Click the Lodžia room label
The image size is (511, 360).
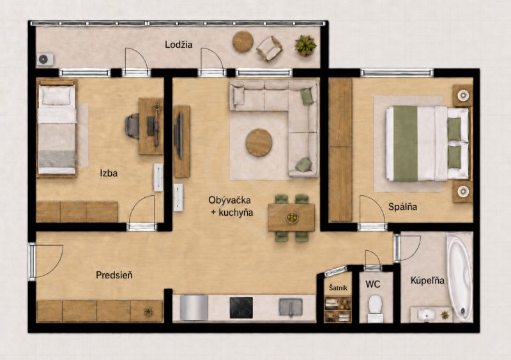(x=178, y=44)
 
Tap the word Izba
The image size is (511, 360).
(x=109, y=173)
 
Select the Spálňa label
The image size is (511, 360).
(x=402, y=207)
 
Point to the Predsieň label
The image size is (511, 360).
(x=114, y=275)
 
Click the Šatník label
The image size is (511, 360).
(x=338, y=288)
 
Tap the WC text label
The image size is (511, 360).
(x=373, y=285)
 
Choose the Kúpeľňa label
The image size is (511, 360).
(x=427, y=280)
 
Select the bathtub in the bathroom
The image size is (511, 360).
(x=459, y=277)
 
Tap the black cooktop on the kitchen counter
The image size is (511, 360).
(x=241, y=308)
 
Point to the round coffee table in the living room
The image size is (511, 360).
(x=259, y=143)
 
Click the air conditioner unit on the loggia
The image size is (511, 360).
(x=45, y=59)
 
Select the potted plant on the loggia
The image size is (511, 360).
(x=305, y=45)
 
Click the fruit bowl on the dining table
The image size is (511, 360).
(x=292, y=217)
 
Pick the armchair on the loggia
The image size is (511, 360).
(x=269, y=49)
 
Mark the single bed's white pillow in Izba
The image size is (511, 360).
(x=56, y=96)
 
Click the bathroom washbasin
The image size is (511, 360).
(x=426, y=315)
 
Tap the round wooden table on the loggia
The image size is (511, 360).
(x=243, y=41)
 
